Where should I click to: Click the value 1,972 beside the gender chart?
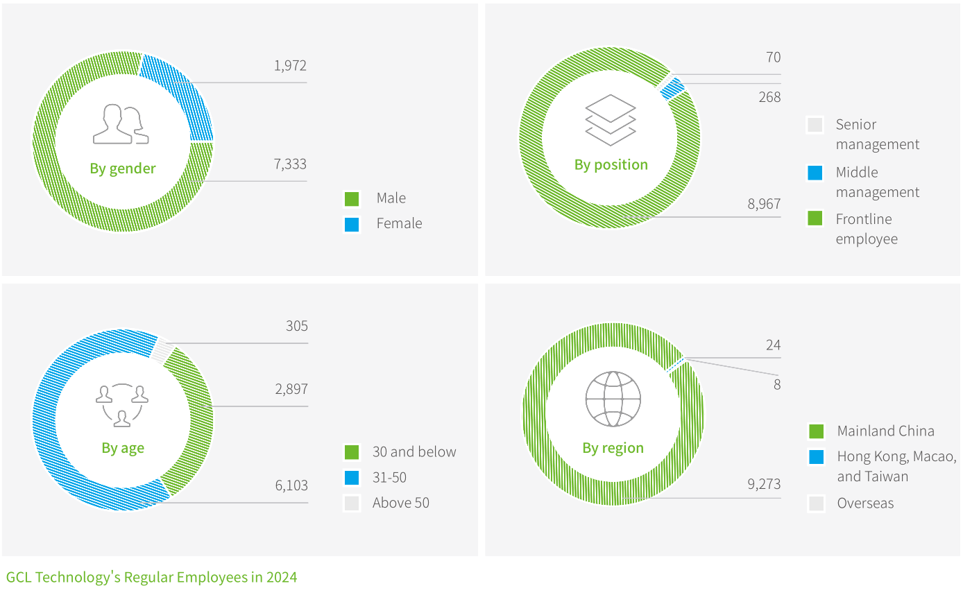[289, 66]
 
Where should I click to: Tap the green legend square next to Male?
[352, 199]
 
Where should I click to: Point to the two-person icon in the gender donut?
[121, 125]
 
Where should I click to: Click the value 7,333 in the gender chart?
[289, 164]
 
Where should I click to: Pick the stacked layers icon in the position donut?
[611, 120]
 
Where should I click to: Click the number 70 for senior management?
[773, 58]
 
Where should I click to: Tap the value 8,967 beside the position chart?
[764, 204]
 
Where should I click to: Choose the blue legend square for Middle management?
[815, 173]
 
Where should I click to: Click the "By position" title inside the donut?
[611, 165]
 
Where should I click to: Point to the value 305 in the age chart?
[296, 326]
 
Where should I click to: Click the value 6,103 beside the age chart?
[291, 485]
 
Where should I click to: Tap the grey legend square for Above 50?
[352, 503]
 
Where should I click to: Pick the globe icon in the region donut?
[613, 399]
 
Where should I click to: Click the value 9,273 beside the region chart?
[764, 484]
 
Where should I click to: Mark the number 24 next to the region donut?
[773, 345]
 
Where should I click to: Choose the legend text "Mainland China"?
[885, 431]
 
